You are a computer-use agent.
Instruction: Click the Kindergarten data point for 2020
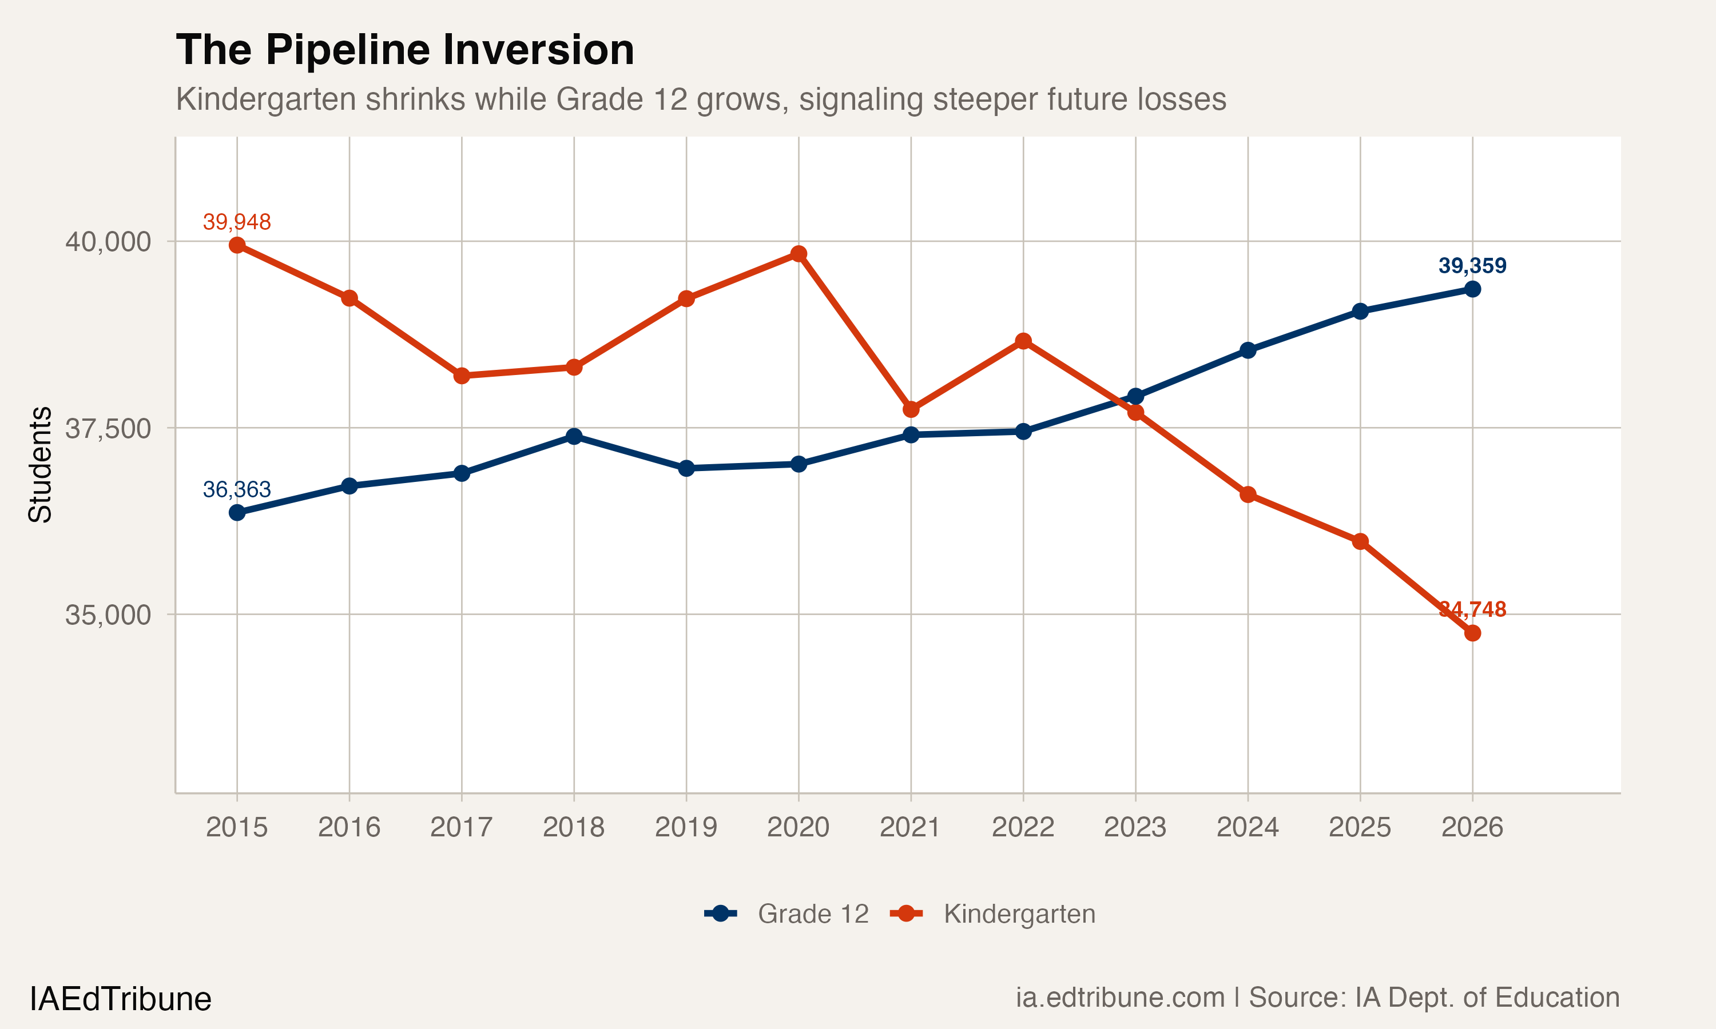(799, 254)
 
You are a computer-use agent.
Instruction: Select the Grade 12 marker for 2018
(574, 436)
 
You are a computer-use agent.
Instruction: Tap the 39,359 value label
(1472, 266)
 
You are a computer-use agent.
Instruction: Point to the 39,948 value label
(237, 222)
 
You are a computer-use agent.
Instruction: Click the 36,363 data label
(237, 489)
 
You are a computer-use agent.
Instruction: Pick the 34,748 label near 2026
(1472, 609)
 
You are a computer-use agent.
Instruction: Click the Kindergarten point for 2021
(911, 410)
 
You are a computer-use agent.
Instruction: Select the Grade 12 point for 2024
(1248, 350)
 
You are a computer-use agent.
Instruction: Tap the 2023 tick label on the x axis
(1135, 827)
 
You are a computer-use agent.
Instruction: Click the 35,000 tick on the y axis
(108, 615)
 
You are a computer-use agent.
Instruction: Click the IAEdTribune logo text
(120, 999)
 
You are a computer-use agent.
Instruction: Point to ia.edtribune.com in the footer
(1120, 998)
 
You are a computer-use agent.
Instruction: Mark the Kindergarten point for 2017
(461, 376)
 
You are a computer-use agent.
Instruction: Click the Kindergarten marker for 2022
(1023, 341)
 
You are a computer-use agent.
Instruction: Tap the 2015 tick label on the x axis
(237, 827)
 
